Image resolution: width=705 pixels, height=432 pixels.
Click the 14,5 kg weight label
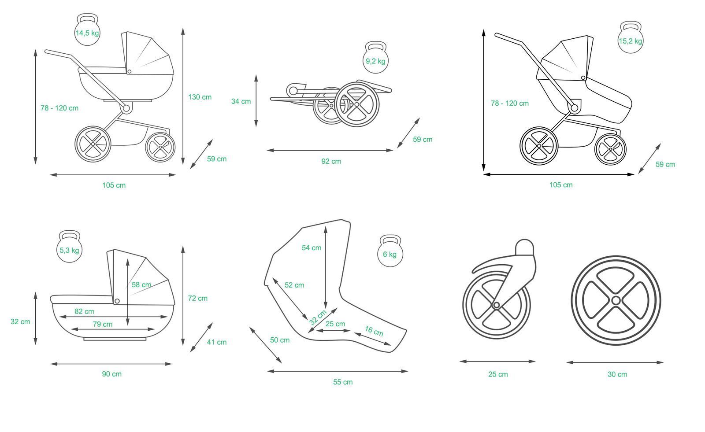pos(87,33)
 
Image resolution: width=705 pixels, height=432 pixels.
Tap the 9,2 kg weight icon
pos(375,61)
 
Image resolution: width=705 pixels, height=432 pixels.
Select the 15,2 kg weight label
pos(630,41)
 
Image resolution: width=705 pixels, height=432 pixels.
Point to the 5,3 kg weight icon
pos(70,250)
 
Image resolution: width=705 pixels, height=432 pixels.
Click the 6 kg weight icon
pos(390,254)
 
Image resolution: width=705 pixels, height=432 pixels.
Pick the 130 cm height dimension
pos(200,97)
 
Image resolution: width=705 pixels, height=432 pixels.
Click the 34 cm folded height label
pos(241,101)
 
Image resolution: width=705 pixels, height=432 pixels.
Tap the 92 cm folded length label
pos(331,161)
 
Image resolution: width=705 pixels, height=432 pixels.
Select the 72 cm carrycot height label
pos(197,298)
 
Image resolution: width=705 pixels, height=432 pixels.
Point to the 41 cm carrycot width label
pos(217,342)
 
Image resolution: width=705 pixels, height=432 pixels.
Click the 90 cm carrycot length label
pos(112,374)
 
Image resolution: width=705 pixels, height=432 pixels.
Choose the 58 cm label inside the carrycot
pos(141,284)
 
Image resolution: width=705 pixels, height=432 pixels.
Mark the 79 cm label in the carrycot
pos(103,324)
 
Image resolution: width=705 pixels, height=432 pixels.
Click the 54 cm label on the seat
pos(312,247)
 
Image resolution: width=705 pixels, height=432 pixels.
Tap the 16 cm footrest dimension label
pos(374,331)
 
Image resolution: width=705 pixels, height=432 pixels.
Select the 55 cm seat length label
pos(343,382)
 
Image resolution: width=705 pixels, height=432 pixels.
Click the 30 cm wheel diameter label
pos(617,374)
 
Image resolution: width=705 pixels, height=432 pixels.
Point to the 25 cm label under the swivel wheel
pos(498,374)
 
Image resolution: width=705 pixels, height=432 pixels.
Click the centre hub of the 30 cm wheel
pos(616,301)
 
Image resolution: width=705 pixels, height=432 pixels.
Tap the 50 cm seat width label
pos(280,340)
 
